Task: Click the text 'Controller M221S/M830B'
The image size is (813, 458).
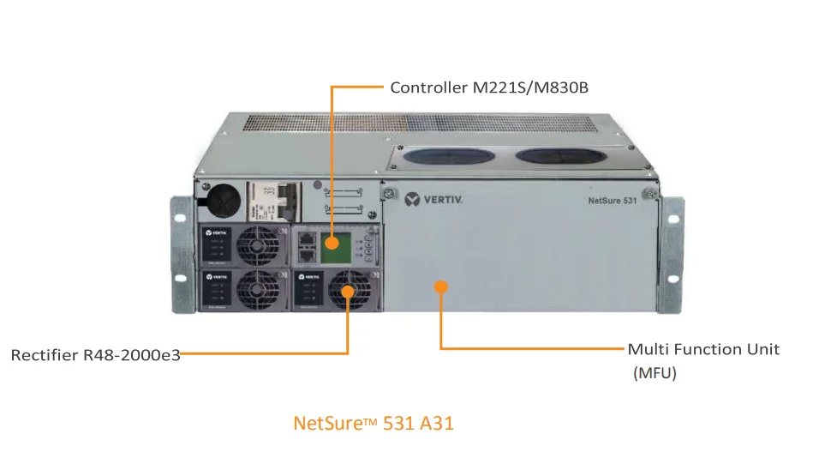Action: [x=489, y=87]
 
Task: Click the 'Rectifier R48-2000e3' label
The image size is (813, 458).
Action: [x=95, y=354]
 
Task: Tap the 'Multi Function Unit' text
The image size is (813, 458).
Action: [x=703, y=349]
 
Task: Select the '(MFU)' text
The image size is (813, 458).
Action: [x=655, y=373]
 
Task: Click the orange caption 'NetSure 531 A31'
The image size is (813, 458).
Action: [x=373, y=423]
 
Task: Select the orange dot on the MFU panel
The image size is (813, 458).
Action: [x=441, y=286]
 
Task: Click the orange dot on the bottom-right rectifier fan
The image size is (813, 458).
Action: [x=348, y=292]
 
